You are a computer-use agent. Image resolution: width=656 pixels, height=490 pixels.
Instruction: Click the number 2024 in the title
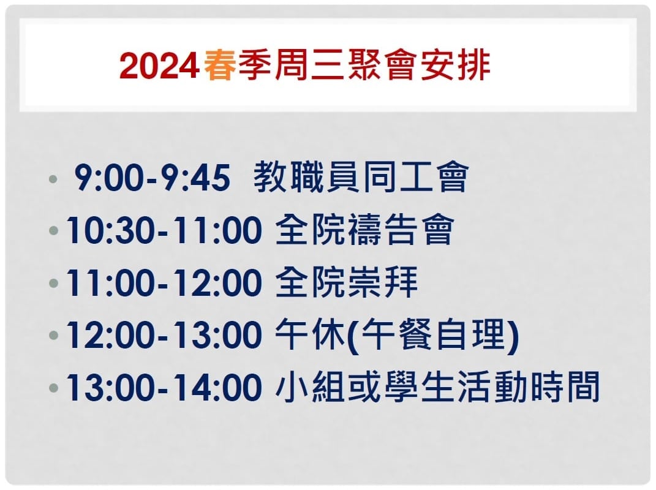[159, 66]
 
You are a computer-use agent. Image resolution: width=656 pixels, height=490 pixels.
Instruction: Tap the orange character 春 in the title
[220, 66]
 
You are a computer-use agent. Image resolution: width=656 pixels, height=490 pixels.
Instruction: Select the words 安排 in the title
[456, 66]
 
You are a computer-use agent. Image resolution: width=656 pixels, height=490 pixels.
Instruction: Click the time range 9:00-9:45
[153, 178]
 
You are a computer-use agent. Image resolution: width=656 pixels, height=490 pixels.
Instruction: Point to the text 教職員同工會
[361, 176]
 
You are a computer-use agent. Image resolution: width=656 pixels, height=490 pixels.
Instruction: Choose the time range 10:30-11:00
[164, 230]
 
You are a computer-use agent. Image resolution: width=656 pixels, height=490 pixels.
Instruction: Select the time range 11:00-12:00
[164, 282]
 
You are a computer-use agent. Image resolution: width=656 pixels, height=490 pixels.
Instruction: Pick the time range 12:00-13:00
[164, 335]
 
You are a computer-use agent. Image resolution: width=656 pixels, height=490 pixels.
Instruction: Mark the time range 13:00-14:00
[164, 388]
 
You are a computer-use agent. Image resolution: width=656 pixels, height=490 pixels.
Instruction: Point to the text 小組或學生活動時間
[437, 386]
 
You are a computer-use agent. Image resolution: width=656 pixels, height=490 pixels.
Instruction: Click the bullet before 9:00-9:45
[53, 179]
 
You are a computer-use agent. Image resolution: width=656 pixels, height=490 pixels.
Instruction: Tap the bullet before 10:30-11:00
[53, 230]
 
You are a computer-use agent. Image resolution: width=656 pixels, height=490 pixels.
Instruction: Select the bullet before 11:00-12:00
[53, 284]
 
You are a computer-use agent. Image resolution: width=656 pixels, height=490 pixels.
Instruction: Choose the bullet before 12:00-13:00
[53, 336]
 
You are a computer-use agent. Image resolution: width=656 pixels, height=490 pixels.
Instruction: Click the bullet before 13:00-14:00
[53, 388]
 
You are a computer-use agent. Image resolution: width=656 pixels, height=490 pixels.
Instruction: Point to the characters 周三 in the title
[310, 66]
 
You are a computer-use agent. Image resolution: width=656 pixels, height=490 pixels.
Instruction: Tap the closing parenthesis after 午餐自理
[513, 336]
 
